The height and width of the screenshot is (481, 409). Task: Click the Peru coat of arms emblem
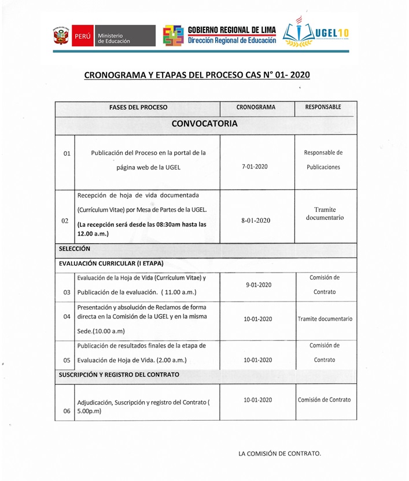(x=61, y=36)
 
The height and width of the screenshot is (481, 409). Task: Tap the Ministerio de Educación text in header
(x=113, y=38)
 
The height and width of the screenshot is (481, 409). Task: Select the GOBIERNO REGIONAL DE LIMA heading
(x=232, y=30)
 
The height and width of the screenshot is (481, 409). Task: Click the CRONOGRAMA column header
(x=256, y=108)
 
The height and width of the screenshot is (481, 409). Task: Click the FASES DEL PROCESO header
(x=138, y=108)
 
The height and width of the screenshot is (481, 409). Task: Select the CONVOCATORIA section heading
(x=204, y=124)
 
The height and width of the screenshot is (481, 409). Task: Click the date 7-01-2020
(x=255, y=167)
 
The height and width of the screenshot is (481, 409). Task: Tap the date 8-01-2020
(x=256, y=221)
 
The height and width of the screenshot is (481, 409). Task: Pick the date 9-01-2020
(x=257, y=285)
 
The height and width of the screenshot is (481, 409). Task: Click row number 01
(x=67, y=154)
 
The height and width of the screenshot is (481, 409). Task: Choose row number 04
(x=67, y=317)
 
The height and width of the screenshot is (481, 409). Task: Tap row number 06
(x=67, y=411)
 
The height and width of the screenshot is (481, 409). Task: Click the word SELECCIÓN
(x=75, y=248)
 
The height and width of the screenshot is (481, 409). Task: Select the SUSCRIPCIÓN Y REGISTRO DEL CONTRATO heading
(x=119, y=374)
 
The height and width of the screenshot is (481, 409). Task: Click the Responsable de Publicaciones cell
(x=323, y=160)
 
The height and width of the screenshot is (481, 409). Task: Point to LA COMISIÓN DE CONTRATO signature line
(x=279, y=453)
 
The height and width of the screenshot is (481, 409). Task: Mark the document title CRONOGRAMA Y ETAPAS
(x=197, y=75)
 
